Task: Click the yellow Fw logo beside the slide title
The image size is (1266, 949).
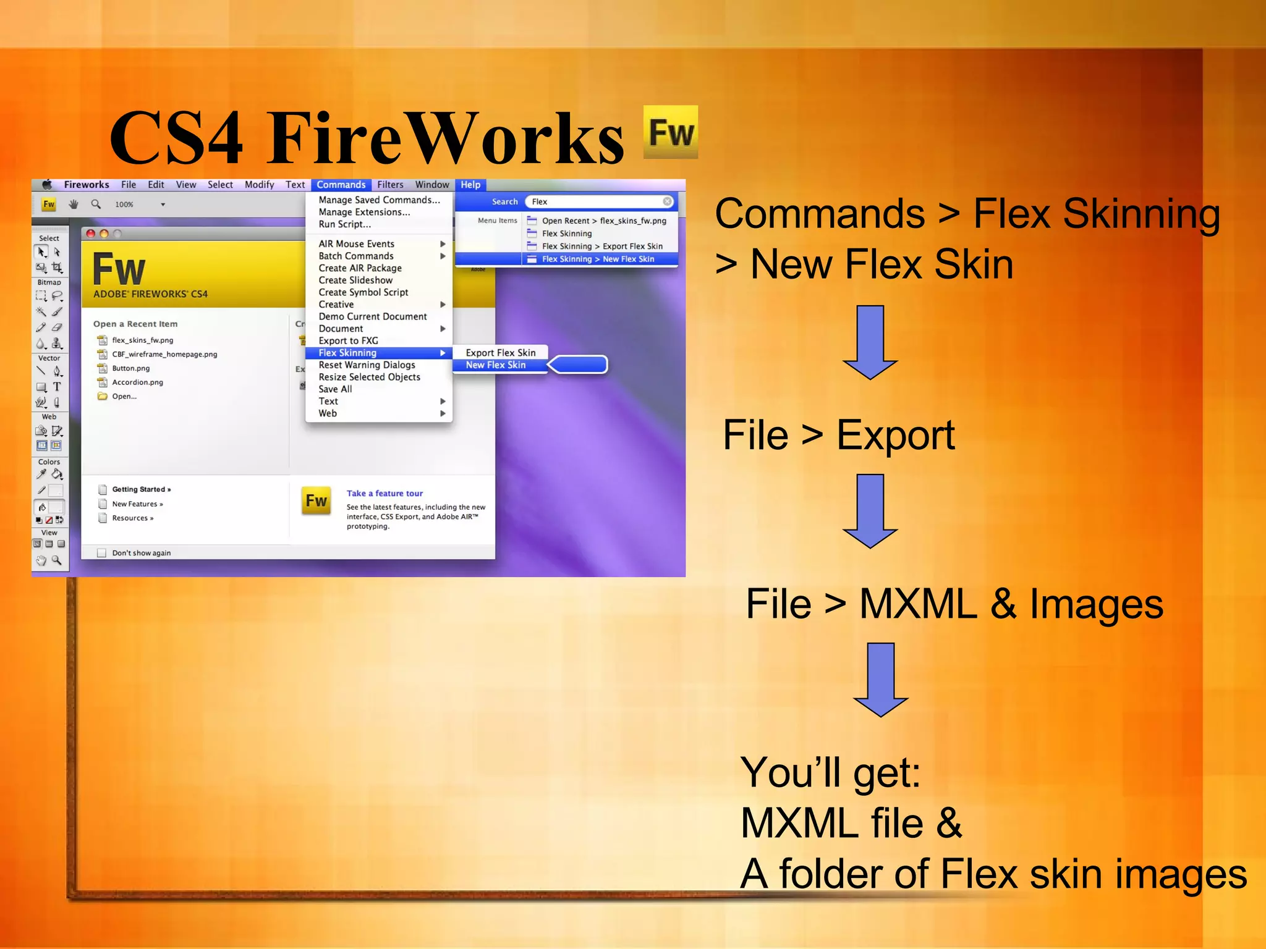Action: (x=670, y=132)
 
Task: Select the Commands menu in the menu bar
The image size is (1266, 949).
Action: (x=341, y=185)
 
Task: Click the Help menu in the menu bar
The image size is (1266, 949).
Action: (x=470, y=185)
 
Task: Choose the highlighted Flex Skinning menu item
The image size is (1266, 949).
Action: (x=347, y=353)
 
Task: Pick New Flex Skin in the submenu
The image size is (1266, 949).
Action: (x=496, y=365)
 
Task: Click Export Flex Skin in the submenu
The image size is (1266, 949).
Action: (x=501, y=353)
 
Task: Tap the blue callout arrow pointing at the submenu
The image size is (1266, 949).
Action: (x=579, y=365)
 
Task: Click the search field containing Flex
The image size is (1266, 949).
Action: (x=597, y=201)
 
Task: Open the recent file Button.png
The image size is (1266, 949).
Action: (x=131, y=368)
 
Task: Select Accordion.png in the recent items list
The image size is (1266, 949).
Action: (x=137, y=382)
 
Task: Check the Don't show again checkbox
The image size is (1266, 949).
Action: (x=102, y=553)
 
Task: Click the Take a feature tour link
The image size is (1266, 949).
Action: (x=384, y=494)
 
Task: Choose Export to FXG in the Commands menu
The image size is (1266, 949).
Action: (x=348, y=340)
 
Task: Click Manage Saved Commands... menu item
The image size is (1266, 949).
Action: (x=379, y=200)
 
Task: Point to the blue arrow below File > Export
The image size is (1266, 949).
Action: (x=870, y=510)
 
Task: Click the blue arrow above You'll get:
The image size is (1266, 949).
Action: (x=880, y=679)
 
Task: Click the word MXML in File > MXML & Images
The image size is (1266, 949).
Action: (x=918, y=604)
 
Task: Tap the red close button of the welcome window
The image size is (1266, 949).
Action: (x=91, y=234)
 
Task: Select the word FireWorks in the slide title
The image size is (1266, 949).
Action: (x=445, y=138)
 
